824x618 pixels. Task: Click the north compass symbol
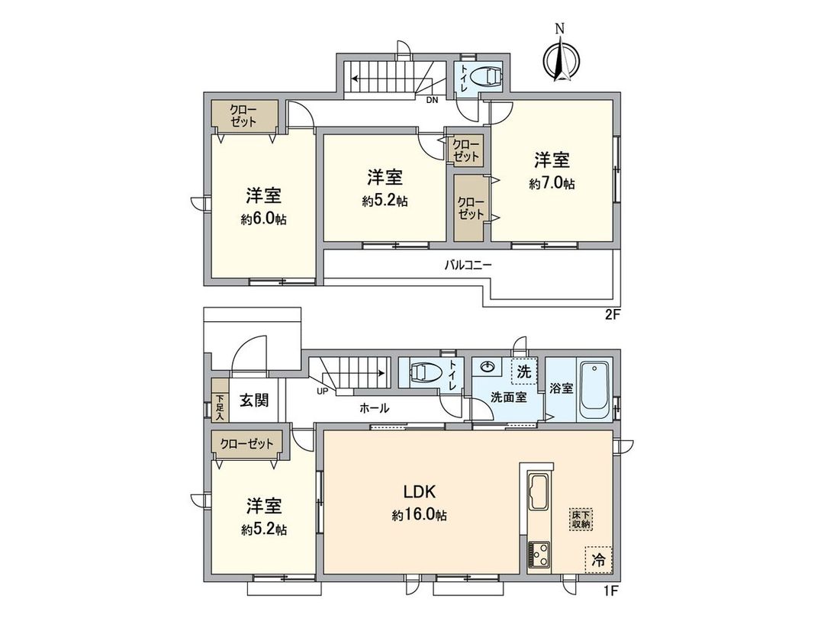(560, 58)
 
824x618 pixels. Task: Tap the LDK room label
(419, 491)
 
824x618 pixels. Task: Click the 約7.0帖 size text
(552, 184)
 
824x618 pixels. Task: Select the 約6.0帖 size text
(264, 219)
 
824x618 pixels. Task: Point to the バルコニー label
(468, 266)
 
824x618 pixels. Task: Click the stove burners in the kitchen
(539, 554)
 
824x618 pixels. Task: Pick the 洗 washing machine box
(523, 372)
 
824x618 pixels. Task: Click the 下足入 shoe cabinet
(219, 407)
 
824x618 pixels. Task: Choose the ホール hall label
(375, 408)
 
